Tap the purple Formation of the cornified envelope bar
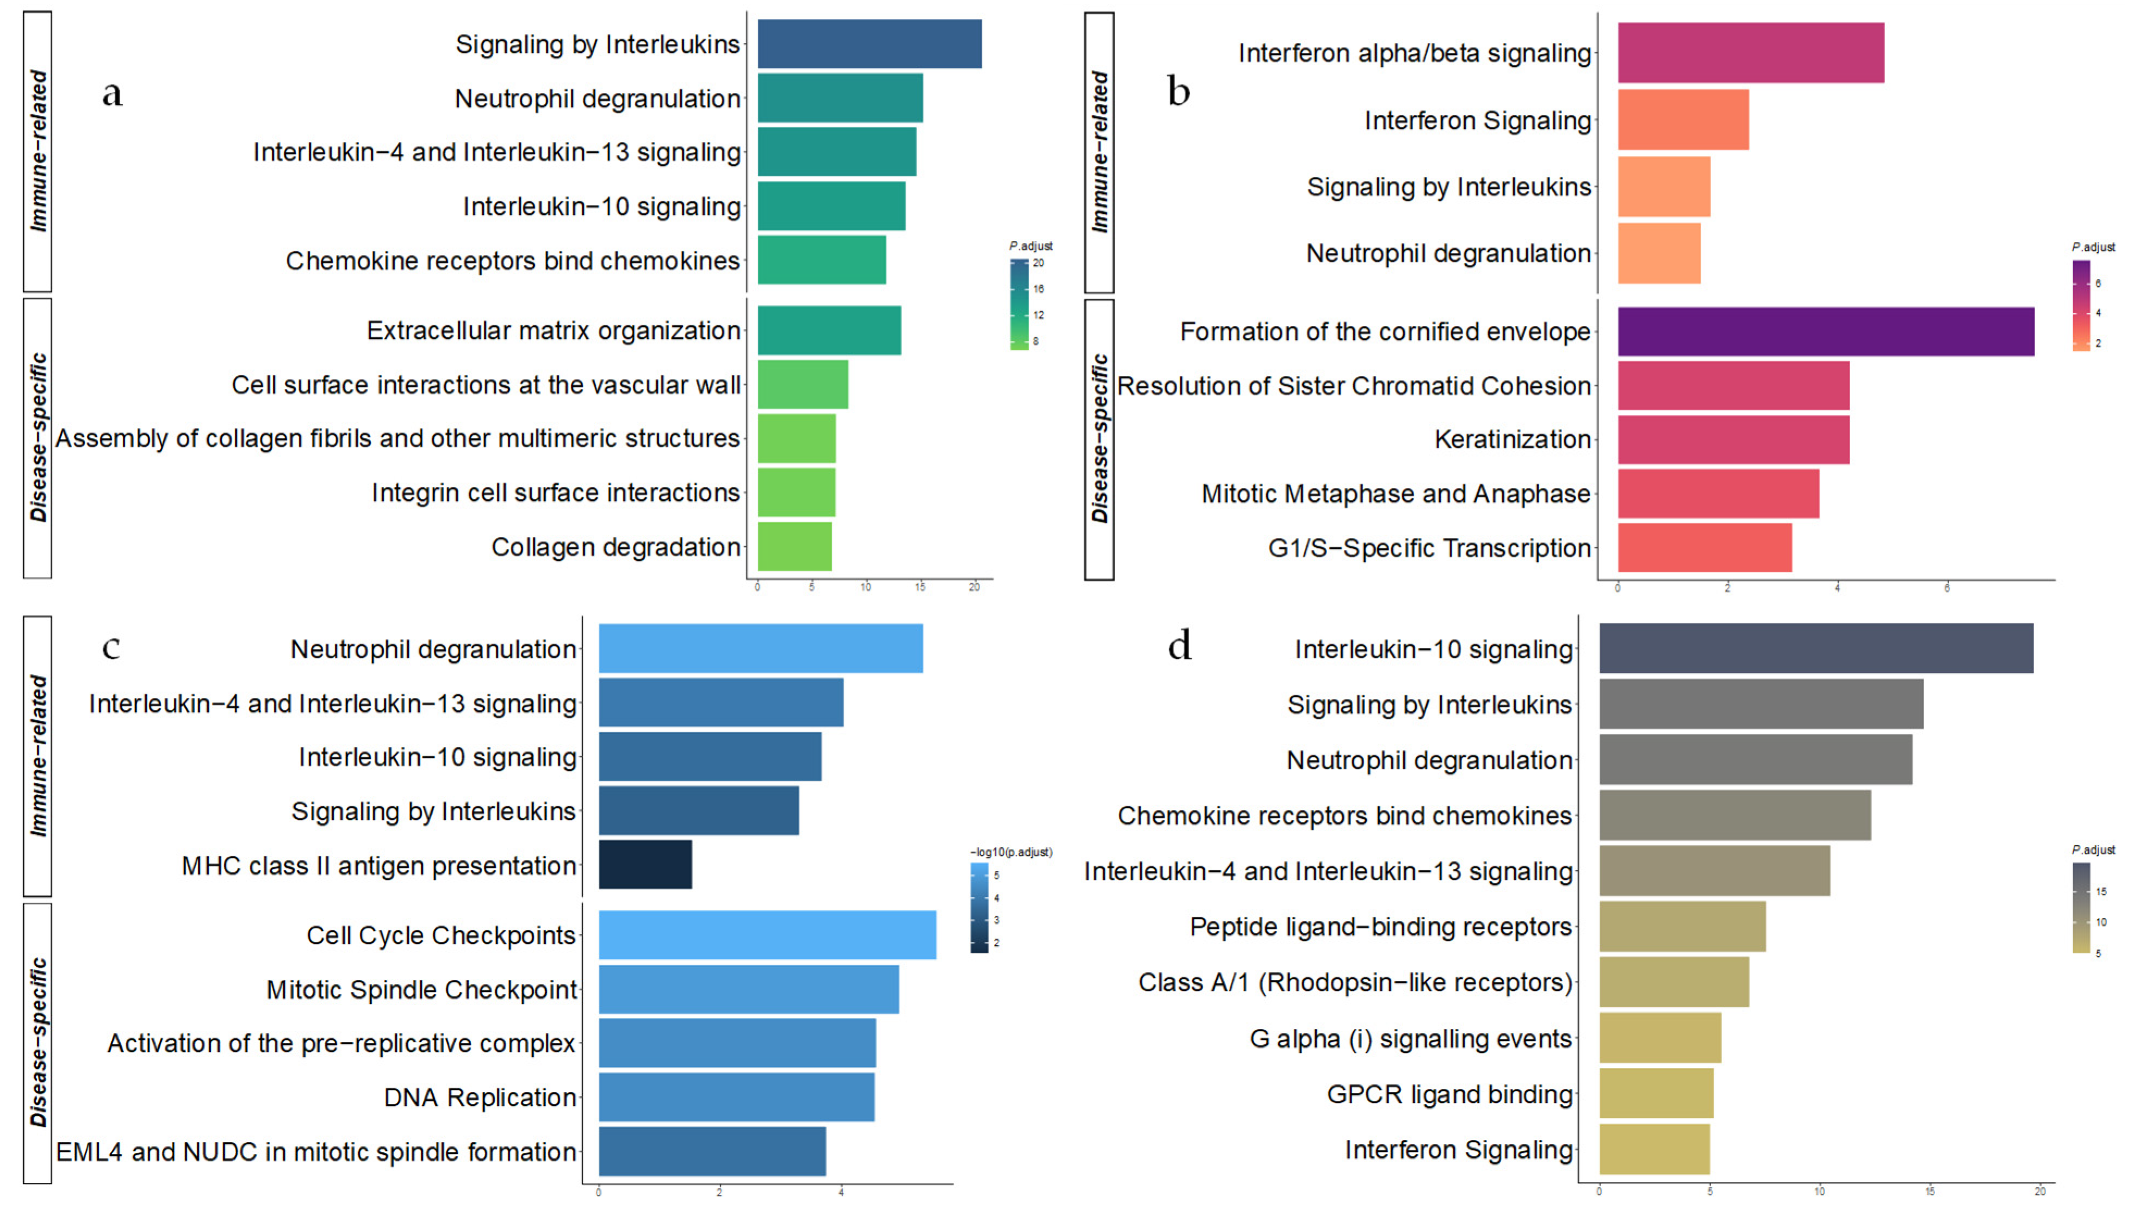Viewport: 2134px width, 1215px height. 1825,331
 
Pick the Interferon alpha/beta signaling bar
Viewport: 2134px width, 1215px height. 1750,53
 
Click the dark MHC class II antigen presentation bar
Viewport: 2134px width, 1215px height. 645,865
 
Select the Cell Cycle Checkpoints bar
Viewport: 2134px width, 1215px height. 767,934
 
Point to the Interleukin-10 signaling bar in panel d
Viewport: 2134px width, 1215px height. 1815,648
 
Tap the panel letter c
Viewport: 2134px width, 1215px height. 111,647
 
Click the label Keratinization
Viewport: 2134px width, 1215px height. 1511,439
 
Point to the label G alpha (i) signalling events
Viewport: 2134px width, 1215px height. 1410,1039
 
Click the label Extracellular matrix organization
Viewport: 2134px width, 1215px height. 553,331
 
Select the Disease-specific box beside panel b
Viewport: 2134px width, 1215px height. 1099,439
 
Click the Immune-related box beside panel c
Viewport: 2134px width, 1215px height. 38,756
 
